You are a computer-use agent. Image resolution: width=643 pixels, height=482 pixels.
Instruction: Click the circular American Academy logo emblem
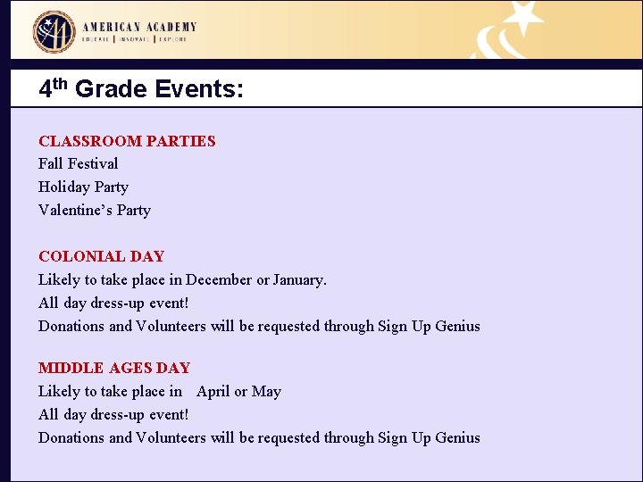pyautogui.click(x=54, y=31)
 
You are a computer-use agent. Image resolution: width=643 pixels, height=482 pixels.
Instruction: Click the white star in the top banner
pyautogui.click(x=524, y=17)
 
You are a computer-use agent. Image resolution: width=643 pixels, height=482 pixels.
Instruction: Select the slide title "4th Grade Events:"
pyautogui.click(x=141, y=89)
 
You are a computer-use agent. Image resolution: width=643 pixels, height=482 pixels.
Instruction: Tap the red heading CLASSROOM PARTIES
pyautogui.click(x=127, y=141)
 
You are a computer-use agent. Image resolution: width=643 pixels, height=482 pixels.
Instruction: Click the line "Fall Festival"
pyautogui.click(x=78, y=164)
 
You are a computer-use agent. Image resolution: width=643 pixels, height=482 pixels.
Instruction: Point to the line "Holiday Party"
pyautogui.click(x=83, y=187)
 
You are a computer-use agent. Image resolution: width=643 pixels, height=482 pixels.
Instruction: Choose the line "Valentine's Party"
pyautogui.click(x=95, y=211)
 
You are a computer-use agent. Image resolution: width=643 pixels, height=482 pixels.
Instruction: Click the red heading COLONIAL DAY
pyautogui.click(x=101, y=257)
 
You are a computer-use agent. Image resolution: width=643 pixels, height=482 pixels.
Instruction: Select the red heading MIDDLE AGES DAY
pyautogui.click(x=114, y=368)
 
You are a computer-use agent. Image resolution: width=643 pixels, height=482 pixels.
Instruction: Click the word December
pyautogui.click(x=219, y=280)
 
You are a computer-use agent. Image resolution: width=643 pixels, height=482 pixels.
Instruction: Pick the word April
pyautogui.click(x=213, y=392)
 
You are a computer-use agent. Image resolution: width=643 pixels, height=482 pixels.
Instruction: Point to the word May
pyautogui.click(x=267, y=392)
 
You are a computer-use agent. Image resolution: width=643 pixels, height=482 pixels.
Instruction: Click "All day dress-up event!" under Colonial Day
pyautogui.click(x=113, y=303)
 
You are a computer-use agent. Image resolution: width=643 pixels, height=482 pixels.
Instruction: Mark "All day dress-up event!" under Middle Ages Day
pyautogui.click(x=113, y=415)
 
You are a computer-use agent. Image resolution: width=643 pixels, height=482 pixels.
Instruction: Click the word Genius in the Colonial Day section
pyautogui.click(x=457, y=327)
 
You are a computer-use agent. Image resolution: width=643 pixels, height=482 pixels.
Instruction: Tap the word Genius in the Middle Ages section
pyautogui.click(x=457, y=438)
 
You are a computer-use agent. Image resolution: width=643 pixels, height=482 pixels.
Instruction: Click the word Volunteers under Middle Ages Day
pyautogui.click(x=171, y=438)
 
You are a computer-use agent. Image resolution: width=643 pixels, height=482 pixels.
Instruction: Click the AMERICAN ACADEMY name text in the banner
pyautogui.click(x=139, y=27)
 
